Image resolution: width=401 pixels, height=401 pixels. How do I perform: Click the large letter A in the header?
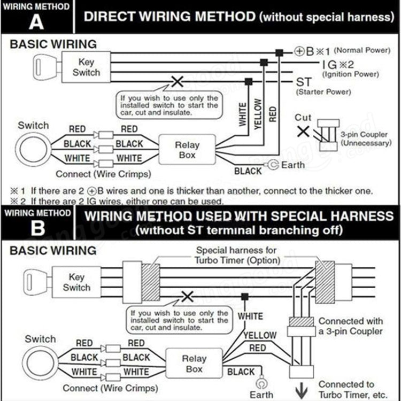(36, 22)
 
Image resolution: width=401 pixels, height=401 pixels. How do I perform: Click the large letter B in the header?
(37, 228)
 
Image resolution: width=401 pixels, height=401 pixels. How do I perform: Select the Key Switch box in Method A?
(86, 67)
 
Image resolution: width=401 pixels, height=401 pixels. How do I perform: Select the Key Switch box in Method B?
(76, 282)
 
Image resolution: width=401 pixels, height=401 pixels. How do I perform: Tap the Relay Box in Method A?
(187, 150)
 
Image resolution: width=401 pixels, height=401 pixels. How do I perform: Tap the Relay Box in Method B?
(194, 364)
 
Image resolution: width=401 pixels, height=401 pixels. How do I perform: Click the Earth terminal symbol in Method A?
(273, 165)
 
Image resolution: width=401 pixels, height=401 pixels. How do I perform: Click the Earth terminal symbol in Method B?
(262, 383)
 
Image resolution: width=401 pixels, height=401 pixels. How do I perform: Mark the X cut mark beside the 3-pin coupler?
(303, 130)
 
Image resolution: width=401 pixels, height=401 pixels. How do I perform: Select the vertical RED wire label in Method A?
(273, 113)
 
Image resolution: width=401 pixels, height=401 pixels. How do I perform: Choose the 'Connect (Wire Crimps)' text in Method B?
(110, 388)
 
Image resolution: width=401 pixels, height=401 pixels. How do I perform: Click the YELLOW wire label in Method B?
(260, 336)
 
